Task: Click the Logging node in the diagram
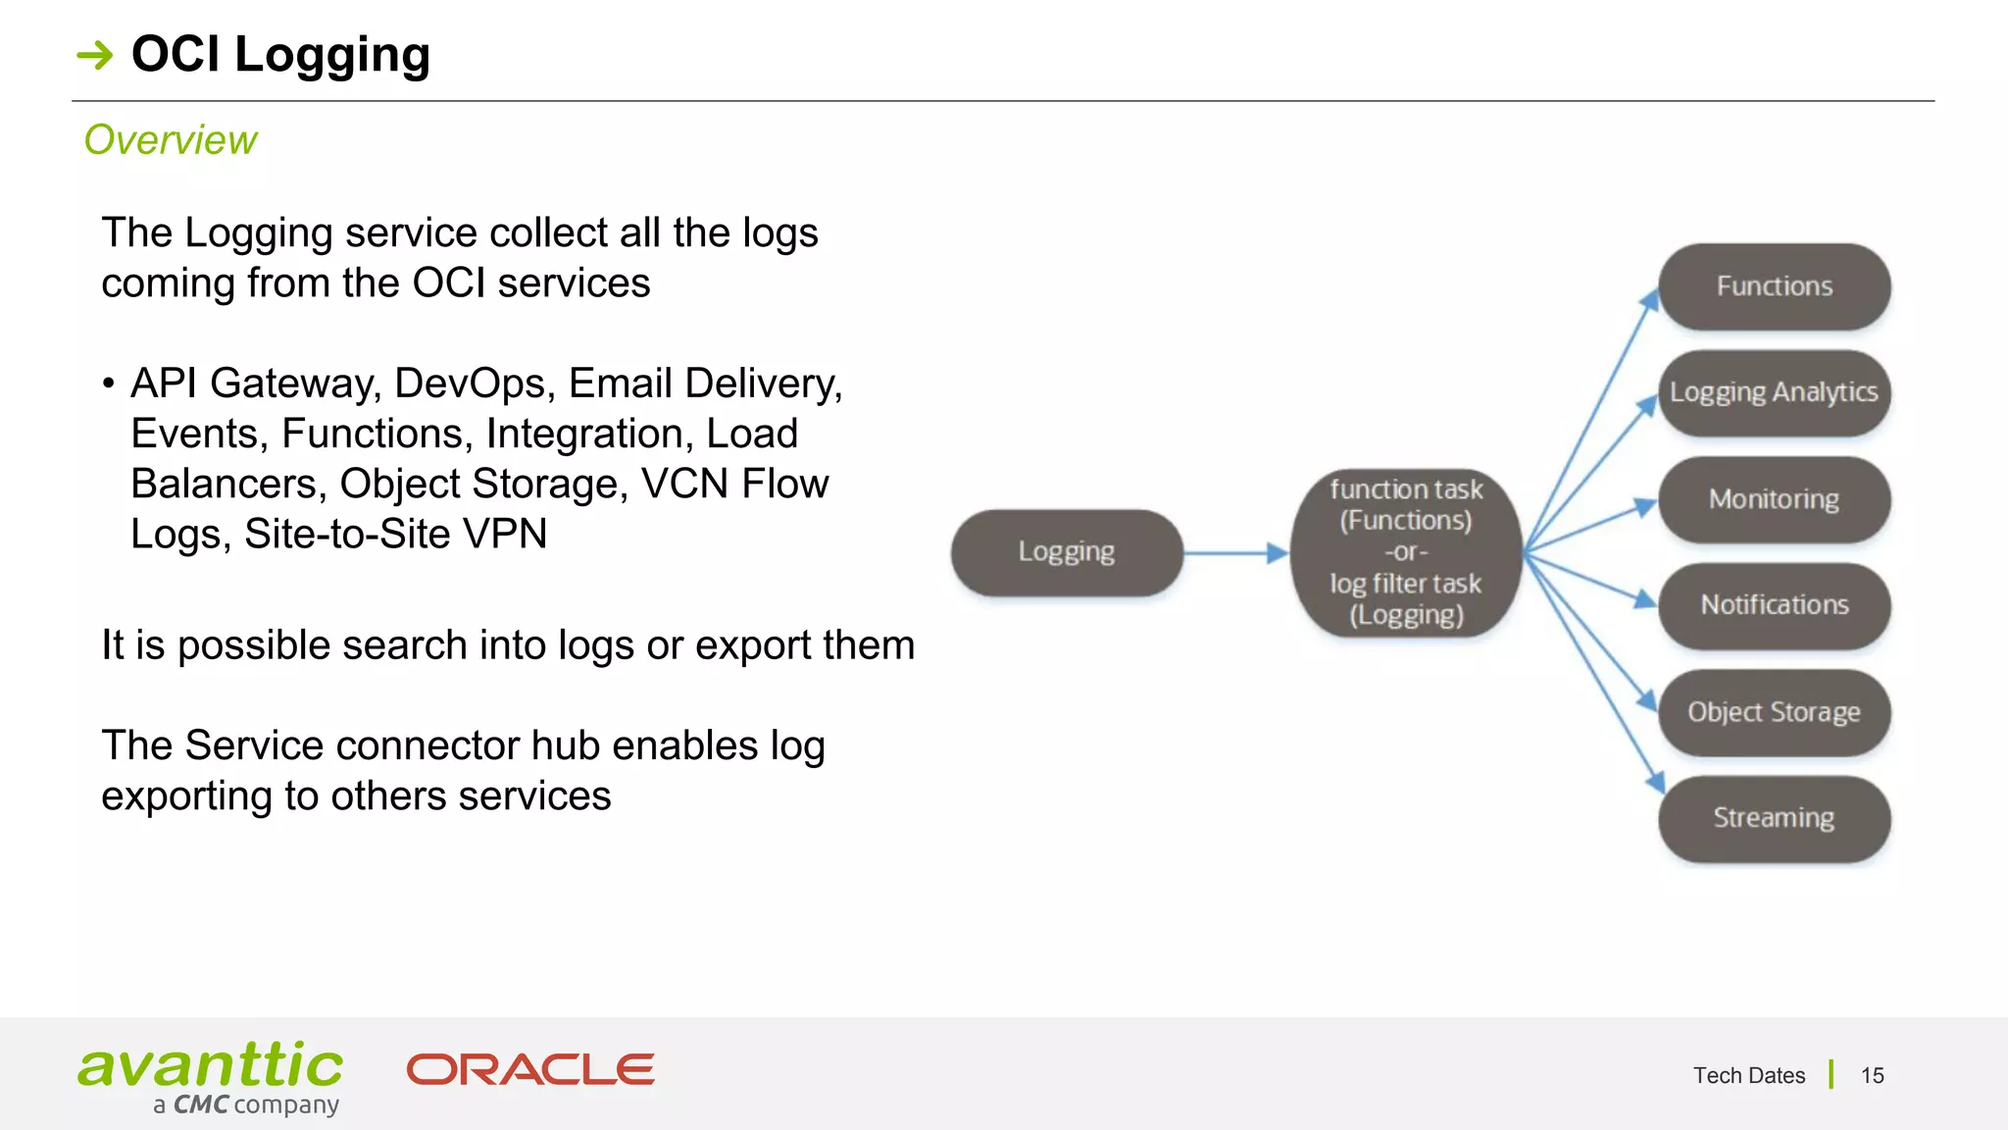click(x=1067, y=552)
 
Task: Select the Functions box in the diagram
click(x=1774, y=286)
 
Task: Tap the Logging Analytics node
click(x=1774, y=392)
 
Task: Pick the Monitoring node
click(x=1774, y=499)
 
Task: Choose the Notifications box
click(x=1774, y=605)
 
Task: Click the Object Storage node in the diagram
click(x=1774, y=712)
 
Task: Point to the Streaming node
click(x=1774, y=818)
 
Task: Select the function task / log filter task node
click(x=1406, y=552)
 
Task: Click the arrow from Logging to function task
click(x=1235, y=553)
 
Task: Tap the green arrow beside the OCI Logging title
click(x=95, y=55)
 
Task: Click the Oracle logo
click(x=530, y=1069)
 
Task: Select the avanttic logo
click(x=210, y=1077)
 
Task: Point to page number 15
click(x=1872, y=1076)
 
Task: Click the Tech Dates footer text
click(x=1748, y=1076)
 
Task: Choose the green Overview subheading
click(x=171, y=140)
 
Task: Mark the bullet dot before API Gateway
click(x=109, y=384)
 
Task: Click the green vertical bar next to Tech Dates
click(x=1831, y=1074)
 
